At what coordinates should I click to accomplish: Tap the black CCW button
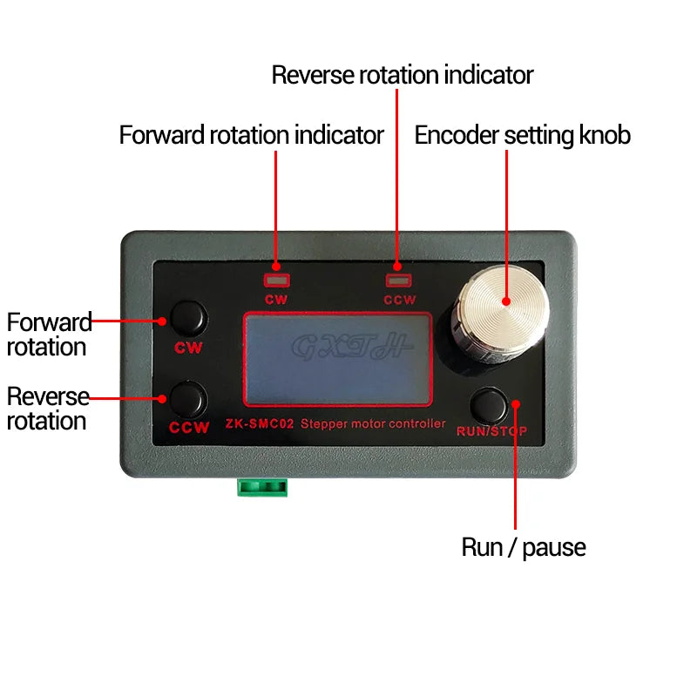tap(188, 398)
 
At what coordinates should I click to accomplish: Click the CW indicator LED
tap(276, 281)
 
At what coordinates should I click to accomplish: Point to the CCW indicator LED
tap(398, 281)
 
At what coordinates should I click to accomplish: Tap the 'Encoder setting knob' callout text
tap(522, 136)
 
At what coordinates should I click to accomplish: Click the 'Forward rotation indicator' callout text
tap(251, 136)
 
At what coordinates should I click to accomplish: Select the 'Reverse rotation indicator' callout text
tap(402, 75)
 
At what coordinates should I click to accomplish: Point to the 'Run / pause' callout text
tap(523, 547)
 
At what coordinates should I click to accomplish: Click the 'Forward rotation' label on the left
tap(49, 335)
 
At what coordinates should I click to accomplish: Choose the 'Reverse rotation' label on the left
tap(49, 409)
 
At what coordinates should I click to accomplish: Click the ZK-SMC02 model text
tap(260, 424)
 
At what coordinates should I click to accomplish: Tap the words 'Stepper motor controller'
tap(373, 424)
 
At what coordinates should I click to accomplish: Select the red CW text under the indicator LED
tap(276, 300)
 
